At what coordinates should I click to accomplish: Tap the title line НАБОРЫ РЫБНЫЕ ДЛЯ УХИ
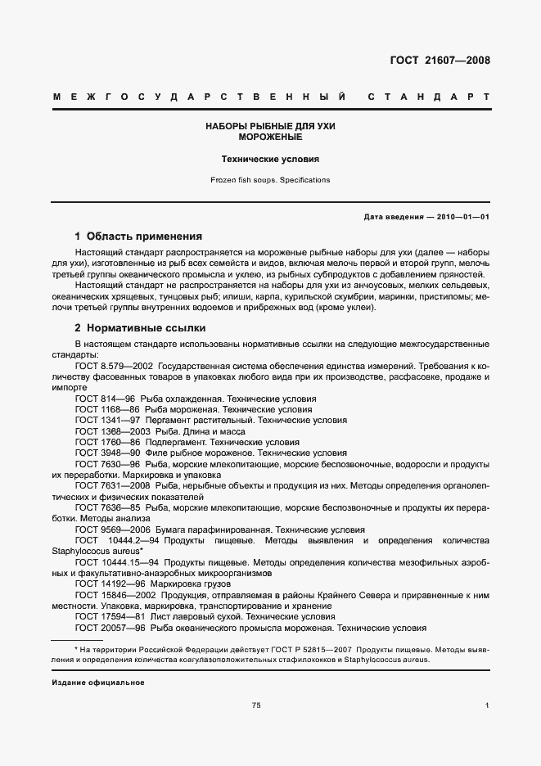(270, 127)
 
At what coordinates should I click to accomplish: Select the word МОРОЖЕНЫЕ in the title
(270, 137)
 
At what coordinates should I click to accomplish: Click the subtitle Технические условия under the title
(270, 160)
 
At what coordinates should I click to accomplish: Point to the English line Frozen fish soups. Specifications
(270, 179)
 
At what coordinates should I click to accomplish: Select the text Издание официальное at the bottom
(97, 682)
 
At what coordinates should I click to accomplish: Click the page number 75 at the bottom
(256, 705)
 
